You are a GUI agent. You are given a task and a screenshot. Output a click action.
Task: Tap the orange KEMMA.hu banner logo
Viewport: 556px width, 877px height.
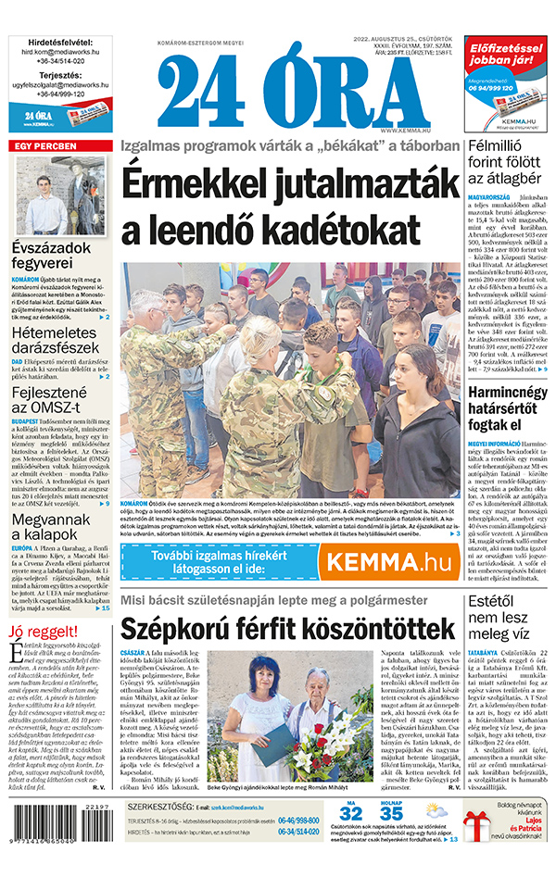coord(385,561)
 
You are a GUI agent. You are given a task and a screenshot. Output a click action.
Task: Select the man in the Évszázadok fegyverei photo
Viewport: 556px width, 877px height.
coord(44,198)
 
